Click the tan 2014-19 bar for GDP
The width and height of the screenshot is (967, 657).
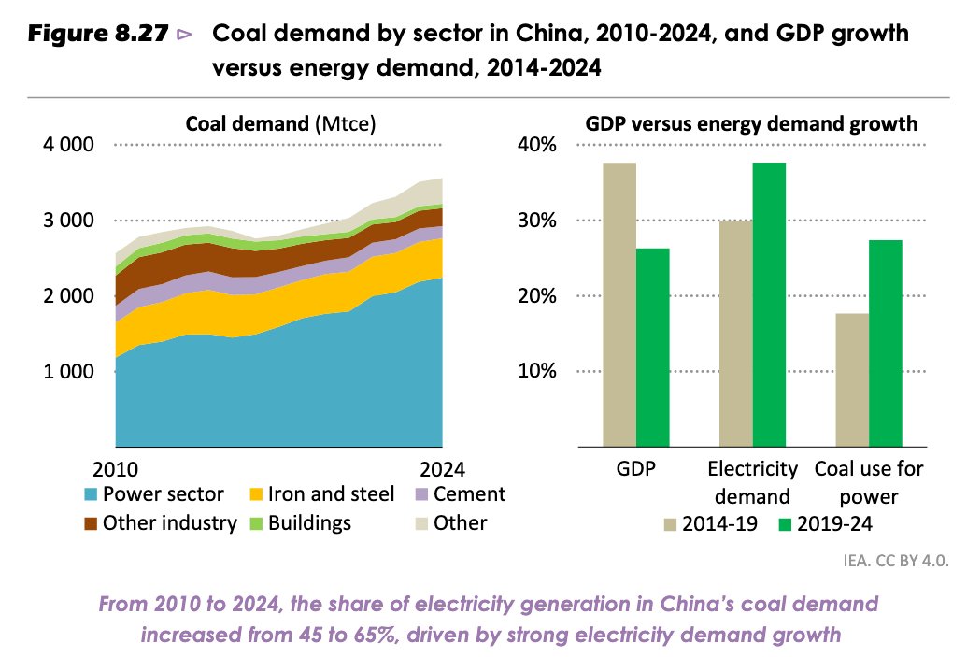[x=619, y=304]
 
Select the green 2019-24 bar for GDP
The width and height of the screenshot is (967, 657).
[x=652, y=347]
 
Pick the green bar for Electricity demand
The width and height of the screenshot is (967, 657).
[x=769, y=304]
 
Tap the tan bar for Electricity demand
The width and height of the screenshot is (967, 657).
[x=736, y=333]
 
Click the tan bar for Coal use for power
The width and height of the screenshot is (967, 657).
[x=852, y=379]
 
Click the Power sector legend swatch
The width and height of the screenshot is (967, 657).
[x=91, y=494]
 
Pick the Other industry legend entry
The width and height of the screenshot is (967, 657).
[x=159, y=522]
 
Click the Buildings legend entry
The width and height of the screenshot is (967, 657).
[x=298, y=522]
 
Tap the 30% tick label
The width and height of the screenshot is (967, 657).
[x=537, y=221]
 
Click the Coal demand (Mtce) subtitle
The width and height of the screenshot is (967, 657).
[x=279, y=123]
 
